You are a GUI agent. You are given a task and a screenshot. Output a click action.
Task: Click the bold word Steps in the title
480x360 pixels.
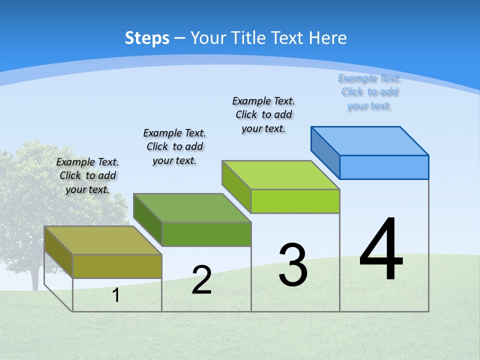tap(147, 38)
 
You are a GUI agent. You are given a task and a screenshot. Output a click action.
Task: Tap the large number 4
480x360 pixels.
tap(381, 250)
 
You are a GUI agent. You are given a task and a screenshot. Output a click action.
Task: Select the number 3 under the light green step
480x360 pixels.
tap(293, 265)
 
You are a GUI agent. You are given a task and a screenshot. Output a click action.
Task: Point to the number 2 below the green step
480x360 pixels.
tap(201, 280)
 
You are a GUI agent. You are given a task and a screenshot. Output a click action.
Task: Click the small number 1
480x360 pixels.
tap(116, 295)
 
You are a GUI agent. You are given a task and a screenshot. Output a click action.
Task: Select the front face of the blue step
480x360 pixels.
tap(384, 167)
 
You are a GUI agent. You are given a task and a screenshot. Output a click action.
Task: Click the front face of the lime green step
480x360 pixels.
tap(295, 201)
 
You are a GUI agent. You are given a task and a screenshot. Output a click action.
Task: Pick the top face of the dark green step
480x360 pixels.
tap(192, 207)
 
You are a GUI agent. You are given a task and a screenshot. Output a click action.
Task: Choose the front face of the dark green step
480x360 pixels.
tap(206, 234)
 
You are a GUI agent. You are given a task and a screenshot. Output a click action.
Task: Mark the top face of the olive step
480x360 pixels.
tap(103, 240)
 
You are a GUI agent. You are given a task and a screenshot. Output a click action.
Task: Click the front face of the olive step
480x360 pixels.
tap(117, 266)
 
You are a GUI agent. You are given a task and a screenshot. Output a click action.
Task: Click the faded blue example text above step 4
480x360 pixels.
tap(369, 92)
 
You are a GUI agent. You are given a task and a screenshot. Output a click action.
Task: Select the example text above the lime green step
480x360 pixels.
tap(263, 115)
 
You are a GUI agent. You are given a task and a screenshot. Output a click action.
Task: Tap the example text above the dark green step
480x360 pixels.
tap(174, 146)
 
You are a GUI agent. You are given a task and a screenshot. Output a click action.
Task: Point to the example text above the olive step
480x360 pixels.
tap(87, 175)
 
